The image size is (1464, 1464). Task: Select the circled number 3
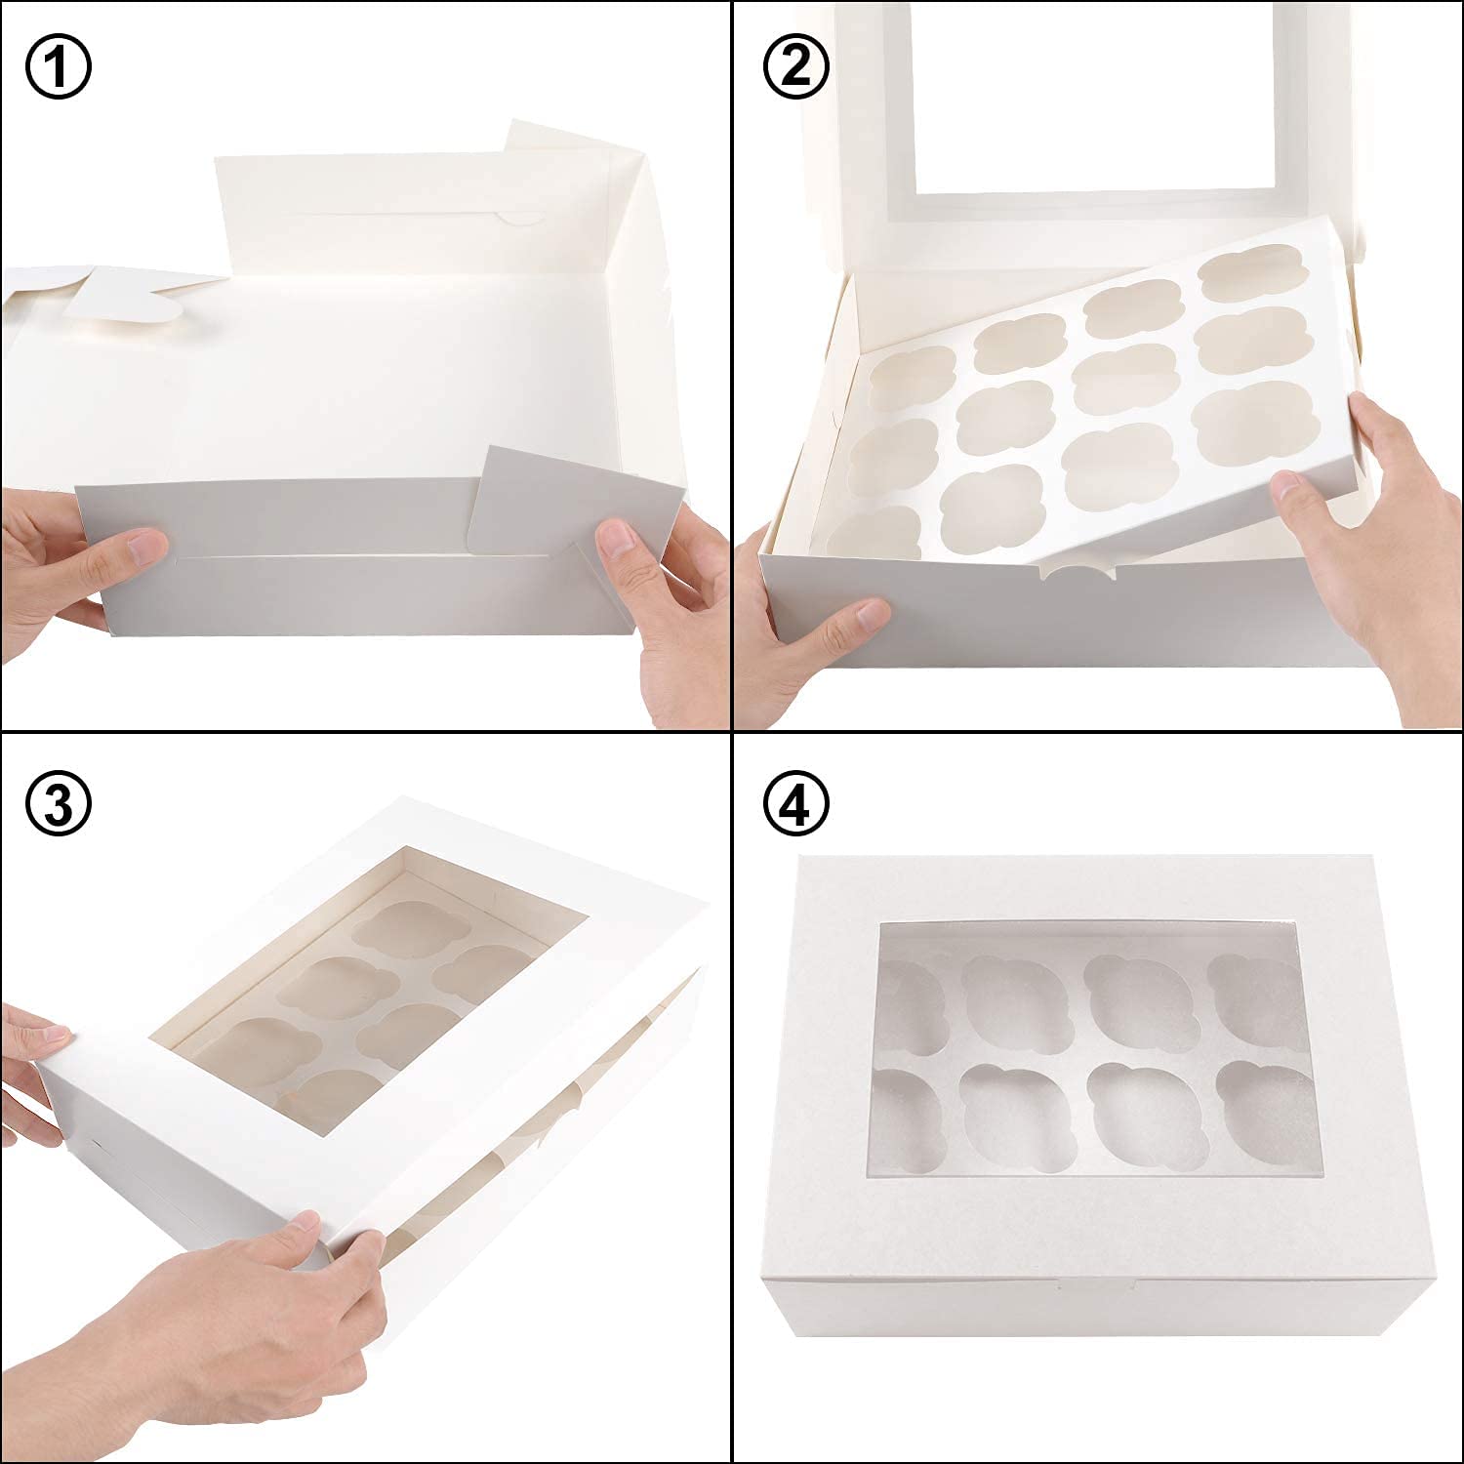pyautogui.click(x=58, y=802)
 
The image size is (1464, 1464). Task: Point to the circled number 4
pyautogui.click(x=795, y=802)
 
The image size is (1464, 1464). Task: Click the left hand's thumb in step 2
pyautogui.click(x=859, y=617)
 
